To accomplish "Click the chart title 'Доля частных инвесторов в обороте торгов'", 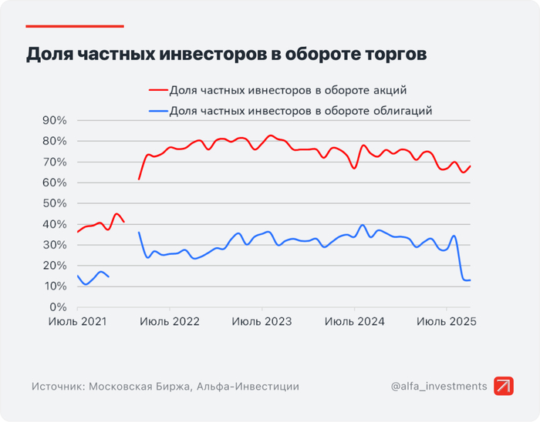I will tap(226, 55).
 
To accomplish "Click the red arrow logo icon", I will tap(504, 386).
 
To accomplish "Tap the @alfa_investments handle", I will tap(439, 386).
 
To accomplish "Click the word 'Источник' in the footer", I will tap(57, 387).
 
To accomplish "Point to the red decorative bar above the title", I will tap(74, 25).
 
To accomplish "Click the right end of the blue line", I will tap(470, 280).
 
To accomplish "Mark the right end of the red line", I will tap(470, 166).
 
